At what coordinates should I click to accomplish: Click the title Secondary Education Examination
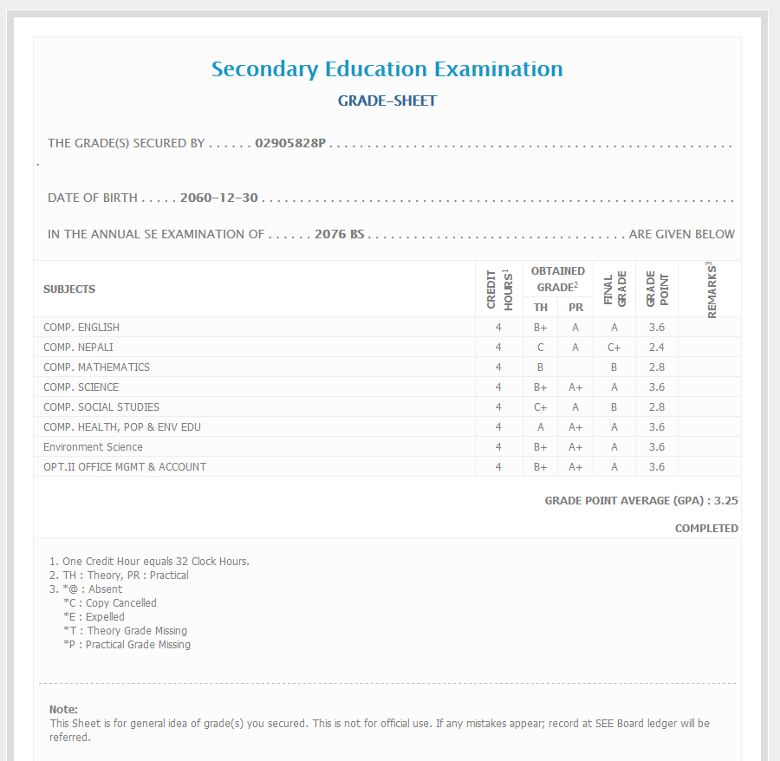(x=387, y=69)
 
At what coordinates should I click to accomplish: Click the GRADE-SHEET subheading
(x=387, y=101)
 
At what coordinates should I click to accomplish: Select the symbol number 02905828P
(x=289, y=143)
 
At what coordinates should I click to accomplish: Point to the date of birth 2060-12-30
(x=219, y=198)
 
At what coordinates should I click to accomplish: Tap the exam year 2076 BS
(x=339, y=234)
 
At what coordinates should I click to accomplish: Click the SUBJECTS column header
(x=69, y=289)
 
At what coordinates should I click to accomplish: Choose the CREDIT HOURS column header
(x=499, y=289)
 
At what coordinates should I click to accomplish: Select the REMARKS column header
(x=711, y=289)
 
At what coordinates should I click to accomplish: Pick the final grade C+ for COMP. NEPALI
(x=614, y=348)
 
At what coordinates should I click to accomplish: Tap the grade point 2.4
(x=656, y=348)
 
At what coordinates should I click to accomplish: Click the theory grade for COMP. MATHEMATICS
(x=540, y=367)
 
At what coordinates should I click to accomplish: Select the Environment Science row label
(x=93, y=447)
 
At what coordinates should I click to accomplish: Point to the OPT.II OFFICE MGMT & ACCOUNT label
(x=125, y=467)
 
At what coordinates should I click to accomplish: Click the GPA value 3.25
(x=726, y=501)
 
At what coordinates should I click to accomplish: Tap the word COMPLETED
(x=706, y=529)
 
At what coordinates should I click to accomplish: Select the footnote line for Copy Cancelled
(x=109, y=603)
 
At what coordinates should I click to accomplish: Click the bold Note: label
(x=63, y=710)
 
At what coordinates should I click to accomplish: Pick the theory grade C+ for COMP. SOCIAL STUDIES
(x=540, y=407)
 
